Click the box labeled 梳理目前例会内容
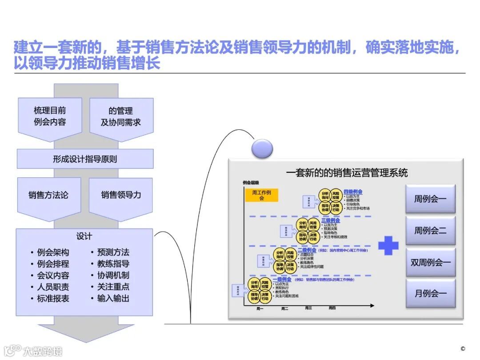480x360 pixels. click(x=50, y=116)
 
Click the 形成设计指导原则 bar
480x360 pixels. click(x=85, y=159)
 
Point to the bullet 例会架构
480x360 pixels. click(x=53, y=252)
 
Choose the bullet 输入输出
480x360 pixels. click(x=113, y=299)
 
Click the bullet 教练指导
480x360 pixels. click(x=113, y=264)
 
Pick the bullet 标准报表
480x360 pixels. click(x=53, y=299)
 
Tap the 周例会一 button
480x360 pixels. click(x=430, y=199)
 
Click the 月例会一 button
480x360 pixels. click(x=430, y=293)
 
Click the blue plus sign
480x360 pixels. click(x=388, y=245)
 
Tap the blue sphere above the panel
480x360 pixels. click(x=262, y=148)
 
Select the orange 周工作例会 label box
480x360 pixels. click(x=261, y=195)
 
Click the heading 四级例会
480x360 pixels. click(x=353, y=192)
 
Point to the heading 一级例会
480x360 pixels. click(x=282, y=280)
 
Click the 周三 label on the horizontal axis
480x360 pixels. click(x=308, y=308)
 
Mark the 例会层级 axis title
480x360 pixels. click(x=251, y=183)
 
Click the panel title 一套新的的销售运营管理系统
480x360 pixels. click(x=347, y=172)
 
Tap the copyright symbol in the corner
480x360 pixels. click(x=463, y=349)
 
